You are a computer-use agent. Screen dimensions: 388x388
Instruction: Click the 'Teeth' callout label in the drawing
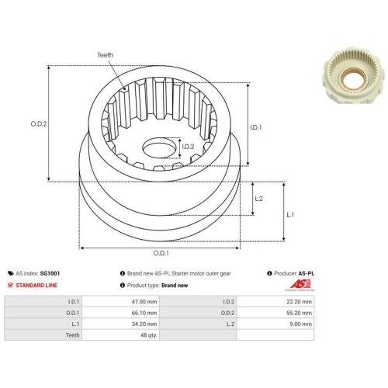tap(106, 55)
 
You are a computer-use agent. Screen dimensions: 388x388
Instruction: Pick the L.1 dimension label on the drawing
tap(289, 213)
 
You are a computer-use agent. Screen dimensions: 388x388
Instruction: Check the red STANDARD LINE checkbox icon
tap(9, 285)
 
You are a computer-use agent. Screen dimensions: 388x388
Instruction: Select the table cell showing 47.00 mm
tap(147, 300)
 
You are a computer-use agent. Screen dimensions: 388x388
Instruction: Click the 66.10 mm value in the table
tap(147, 312)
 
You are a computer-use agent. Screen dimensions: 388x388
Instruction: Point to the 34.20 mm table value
tap(147, 324)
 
